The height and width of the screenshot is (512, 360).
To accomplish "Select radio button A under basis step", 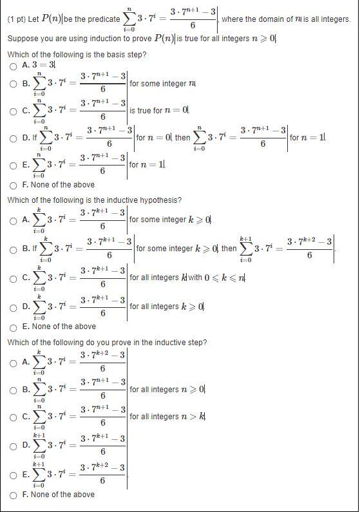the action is pyautogui.click(x=13, y=66).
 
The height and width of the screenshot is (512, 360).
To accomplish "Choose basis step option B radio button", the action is pyautogui.click(x=13, y=84).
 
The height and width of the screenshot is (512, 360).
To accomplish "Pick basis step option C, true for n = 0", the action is pyautogui.click(x=13, y=111).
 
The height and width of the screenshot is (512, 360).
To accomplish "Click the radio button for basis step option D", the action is pyautogui.click(x=13, y=138).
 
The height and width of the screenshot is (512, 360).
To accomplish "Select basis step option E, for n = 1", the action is pyautogui.click(x=13, y=165).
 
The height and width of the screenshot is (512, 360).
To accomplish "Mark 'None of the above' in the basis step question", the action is pyautogui.click(x=13, y=185).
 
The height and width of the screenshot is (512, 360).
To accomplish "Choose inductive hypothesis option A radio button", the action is pyautogui.click(x=13, y=220).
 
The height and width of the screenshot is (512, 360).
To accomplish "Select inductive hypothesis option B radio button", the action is pyautogui.click(x=13, y=249).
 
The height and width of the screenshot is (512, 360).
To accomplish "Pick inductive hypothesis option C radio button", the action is pyautogui.click(x=13, y=278).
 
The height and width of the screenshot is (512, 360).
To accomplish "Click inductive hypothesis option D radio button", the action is pyautogui.click(x=13, y=307).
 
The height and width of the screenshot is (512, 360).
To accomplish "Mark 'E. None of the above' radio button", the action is pyautogui.click(x=13, y=327).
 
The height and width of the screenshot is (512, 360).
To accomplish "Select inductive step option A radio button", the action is pyautogui.click(x=13, y=363).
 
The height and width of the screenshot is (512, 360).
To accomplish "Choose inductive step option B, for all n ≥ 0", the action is pyautogui.click(x=13, y=390).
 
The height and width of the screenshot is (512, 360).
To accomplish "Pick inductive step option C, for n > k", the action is pyautogui.click(x=13, y=417).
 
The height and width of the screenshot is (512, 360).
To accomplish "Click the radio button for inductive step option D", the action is pyautogui.click(x=13, y=445).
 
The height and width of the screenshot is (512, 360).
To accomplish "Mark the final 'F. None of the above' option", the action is pyautogui.click(x=13, y=495).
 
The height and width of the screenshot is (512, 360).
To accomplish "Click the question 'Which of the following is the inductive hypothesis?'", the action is pyautogui.click(x=94, y=200).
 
